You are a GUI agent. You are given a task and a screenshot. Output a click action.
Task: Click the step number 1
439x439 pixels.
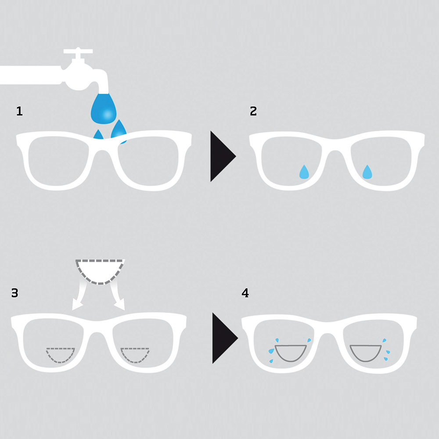[x=19, y=111]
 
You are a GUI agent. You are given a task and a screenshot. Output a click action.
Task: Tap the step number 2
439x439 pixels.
[x=253, y=111]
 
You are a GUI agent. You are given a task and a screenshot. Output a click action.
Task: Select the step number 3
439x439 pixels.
[x=14, y=293]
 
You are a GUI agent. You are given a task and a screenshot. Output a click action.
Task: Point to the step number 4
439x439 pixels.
[x=245, y=293]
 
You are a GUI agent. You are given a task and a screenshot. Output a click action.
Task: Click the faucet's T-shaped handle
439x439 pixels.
[x=78, y=52]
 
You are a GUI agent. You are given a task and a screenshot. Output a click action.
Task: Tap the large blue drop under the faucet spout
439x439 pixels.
[x=104, y=108]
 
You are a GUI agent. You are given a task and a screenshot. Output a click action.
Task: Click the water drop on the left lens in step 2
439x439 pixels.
[x=304, y=172]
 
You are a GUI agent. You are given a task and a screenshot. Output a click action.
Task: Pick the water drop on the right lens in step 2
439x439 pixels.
[x=367, y=172]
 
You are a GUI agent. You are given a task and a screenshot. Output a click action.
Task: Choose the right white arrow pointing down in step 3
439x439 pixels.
[x=117, y=297]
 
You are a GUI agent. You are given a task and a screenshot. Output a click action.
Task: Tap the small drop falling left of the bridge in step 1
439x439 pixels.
[x=98, y=134]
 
